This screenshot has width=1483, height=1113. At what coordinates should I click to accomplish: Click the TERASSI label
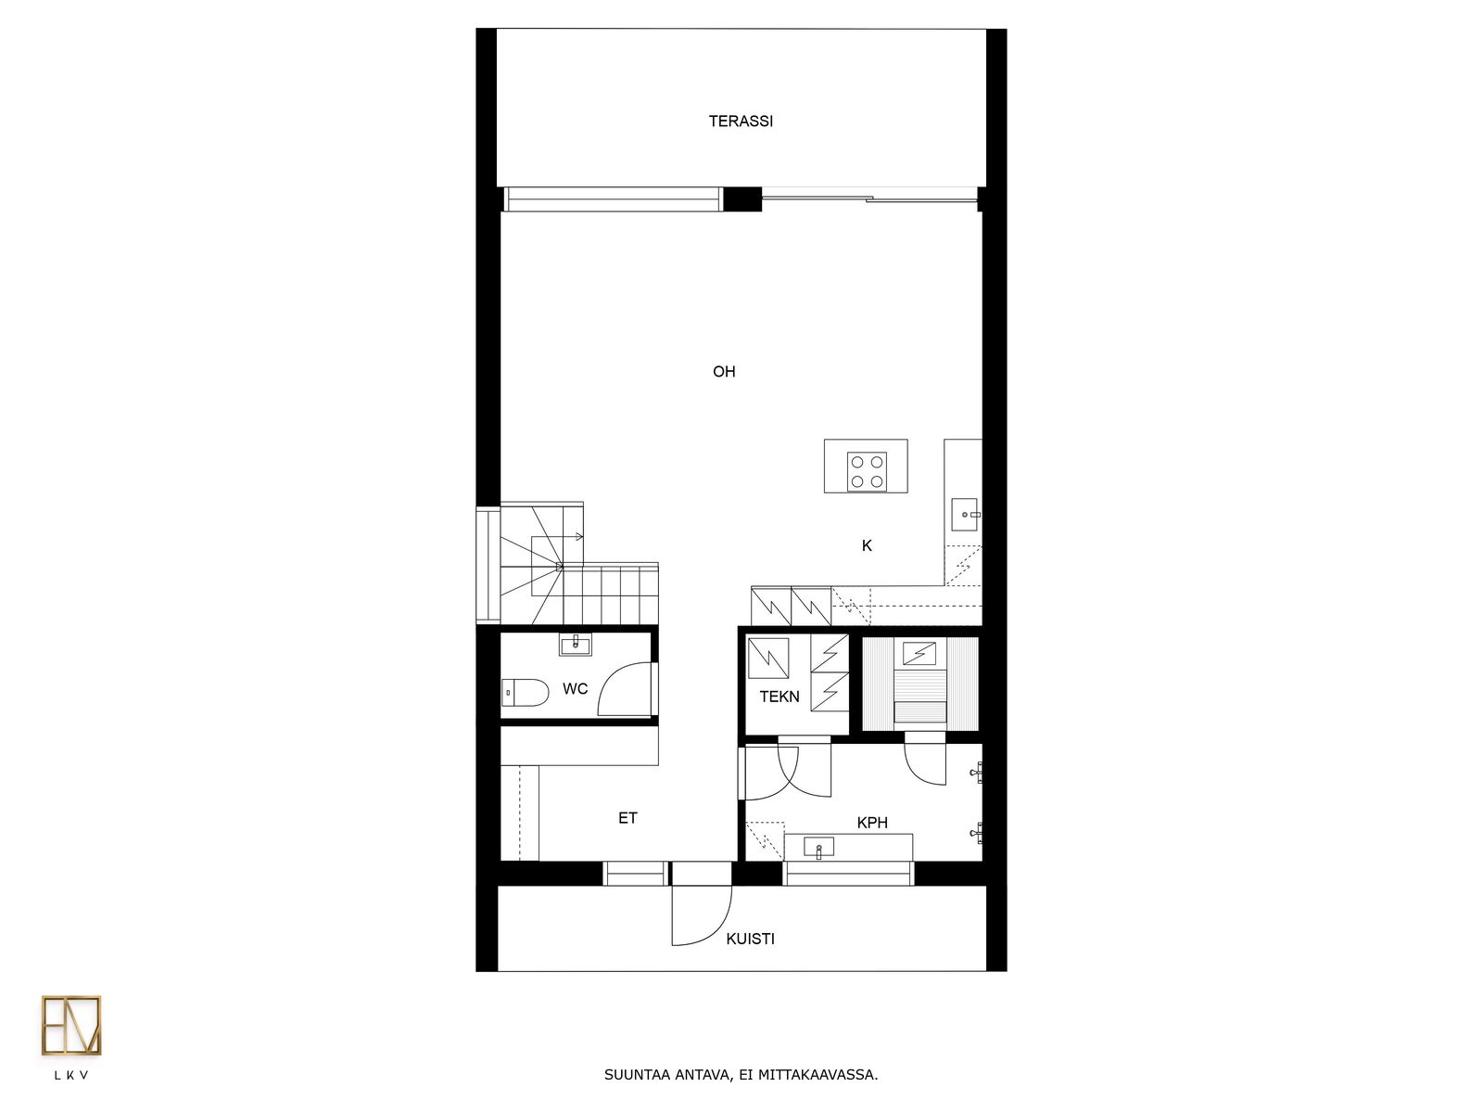coord(741,121)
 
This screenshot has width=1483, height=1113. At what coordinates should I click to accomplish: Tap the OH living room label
coord(724,371)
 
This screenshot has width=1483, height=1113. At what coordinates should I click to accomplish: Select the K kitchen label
coord(867,545)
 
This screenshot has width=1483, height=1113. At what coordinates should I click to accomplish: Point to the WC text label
coord(575,688)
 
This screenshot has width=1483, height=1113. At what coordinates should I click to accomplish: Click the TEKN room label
coord(779,696)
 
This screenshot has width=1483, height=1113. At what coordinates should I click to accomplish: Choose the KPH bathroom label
coord(872,823)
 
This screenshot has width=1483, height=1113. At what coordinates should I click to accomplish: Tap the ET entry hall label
coord(627,818)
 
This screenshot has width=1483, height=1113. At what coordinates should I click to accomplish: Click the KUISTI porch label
coord(750,939)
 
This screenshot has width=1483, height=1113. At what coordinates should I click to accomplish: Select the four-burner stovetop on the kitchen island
coord(867,472)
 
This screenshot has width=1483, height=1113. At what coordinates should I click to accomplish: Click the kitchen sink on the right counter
coord(965,514)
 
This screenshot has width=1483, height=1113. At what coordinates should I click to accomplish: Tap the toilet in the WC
coord(525,693)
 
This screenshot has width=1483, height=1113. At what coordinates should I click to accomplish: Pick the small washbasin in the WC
coord(575,644)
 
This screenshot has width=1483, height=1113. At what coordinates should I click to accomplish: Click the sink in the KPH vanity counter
coord(818,848)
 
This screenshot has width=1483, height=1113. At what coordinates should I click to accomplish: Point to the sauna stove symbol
coord(919,654)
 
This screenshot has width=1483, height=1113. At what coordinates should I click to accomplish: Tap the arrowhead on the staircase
coord(578,537)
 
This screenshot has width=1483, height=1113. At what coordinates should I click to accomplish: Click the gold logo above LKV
coord(71,1025)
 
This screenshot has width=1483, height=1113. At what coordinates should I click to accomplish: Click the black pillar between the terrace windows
coord(742,198)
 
